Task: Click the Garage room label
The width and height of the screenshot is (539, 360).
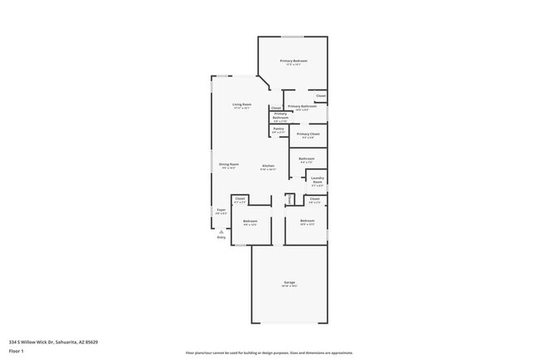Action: (x=289, y=284)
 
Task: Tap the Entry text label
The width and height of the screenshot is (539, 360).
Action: (x=221, y=237)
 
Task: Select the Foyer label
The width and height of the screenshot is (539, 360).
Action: (x=221, y=211)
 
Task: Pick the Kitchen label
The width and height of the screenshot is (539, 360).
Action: (x=269, y=166)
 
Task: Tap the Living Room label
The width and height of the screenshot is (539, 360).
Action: (x=241, y=105)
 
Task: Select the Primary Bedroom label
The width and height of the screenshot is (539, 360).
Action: (x=294, y=61)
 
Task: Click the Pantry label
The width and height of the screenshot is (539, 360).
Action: (x=279, y=129)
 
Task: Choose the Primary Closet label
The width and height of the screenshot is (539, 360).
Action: (x=308, y=134)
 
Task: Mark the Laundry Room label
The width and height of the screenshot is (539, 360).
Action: (x=317, y=180)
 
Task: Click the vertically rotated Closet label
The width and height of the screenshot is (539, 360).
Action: (x=289, y=199)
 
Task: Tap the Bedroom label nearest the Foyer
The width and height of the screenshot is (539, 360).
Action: (x=250, y=221)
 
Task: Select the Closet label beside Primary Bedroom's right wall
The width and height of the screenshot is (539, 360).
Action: (x=320, y=96)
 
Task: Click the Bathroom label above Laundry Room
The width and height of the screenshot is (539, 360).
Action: (x=306, y=158)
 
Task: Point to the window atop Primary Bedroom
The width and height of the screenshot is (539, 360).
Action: (x=292, y=36)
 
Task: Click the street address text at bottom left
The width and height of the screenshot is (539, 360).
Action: (x=53, y=341)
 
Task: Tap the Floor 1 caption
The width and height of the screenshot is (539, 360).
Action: (x=17, y=351)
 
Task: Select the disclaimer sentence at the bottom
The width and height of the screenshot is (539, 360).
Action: (x=269, y=353)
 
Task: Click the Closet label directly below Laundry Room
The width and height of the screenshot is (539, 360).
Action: (x=315, y=199)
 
